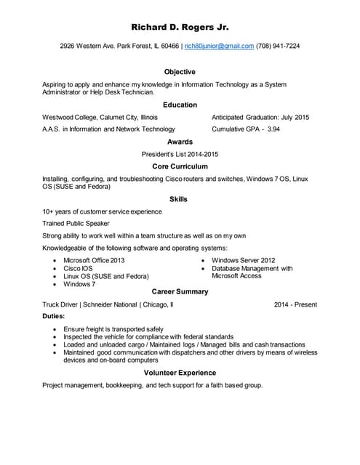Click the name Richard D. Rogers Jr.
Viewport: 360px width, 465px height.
(x=180, y=28)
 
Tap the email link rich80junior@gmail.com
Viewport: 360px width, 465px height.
(x=219, y=46)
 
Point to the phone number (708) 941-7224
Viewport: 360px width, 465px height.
(x=278, y=46)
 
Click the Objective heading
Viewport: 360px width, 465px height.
(x=180, y=72)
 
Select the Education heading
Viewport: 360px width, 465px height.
(x=180, y=105)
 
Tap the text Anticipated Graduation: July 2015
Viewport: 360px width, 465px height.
(x=260, y=117)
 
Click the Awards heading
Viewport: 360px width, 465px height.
(x=180, y=142)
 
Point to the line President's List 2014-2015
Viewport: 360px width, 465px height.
(x=180, y=154)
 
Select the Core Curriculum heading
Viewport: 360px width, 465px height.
(x=180, y=166)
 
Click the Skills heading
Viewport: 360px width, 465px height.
(x=178, y=199)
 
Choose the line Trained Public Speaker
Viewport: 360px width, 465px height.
(x=76, y=224)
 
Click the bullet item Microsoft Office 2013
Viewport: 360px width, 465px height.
(x=94, y=260)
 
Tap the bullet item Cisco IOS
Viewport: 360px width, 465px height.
(x=78, y=268)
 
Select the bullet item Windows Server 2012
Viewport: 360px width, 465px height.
(x=243, y=260)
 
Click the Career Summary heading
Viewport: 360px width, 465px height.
(x=180, y=291)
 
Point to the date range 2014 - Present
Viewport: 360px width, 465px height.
(x=295, y=304)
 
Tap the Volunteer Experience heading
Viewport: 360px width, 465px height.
(x=180, y=373)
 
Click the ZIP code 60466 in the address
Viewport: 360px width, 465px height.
(x=170, y=46)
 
